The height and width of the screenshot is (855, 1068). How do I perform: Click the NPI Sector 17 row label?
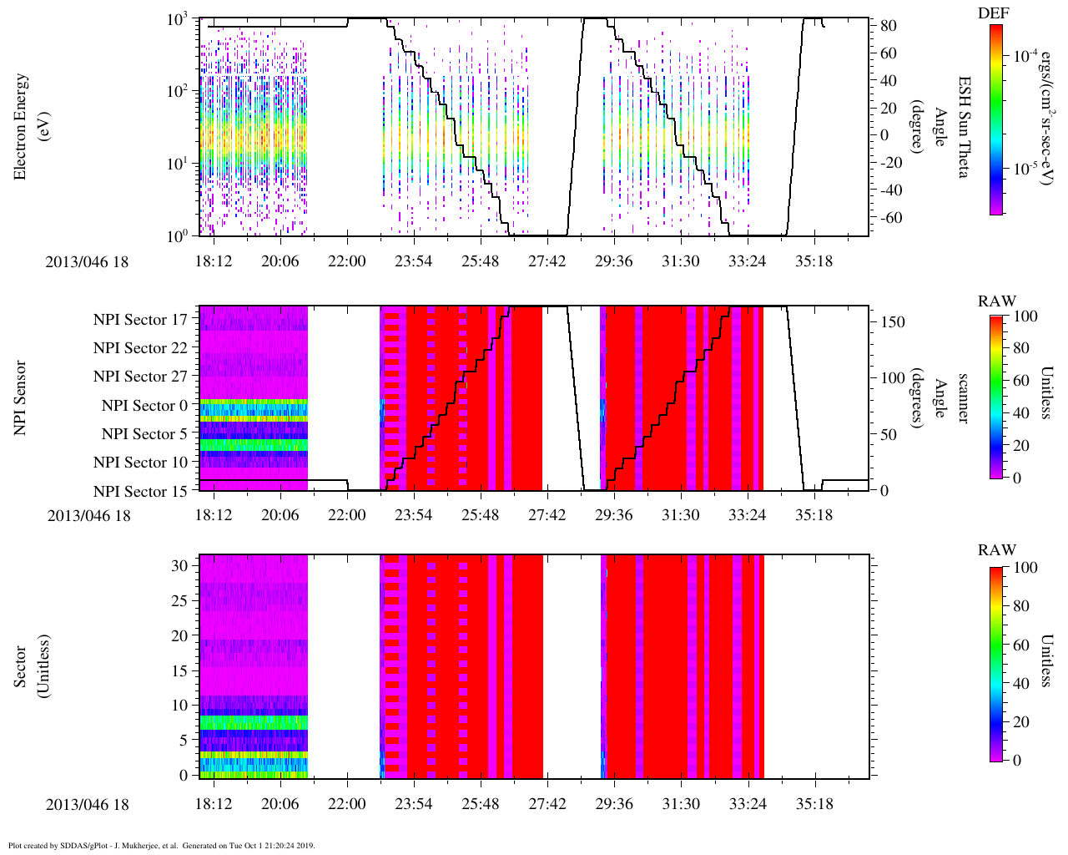point(140,320)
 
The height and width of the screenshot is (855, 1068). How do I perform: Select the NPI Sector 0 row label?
point(144,406)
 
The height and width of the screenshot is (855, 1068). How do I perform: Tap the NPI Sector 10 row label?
point(140,463)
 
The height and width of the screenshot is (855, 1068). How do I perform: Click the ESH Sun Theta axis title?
point(964,126)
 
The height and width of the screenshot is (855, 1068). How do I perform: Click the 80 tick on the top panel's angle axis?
point(889,26)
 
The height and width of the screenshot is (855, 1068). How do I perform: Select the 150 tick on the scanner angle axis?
point(893,321)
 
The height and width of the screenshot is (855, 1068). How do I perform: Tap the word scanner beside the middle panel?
point(964,398)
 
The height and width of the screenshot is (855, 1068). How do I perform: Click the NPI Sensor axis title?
point(21,398)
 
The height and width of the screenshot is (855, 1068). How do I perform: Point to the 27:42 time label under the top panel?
point(547,261)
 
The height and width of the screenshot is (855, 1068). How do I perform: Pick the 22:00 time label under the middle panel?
point(346,515)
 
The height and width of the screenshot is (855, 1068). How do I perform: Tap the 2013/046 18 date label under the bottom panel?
point(88,805)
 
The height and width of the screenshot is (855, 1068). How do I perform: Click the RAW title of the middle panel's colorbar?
point(997,301)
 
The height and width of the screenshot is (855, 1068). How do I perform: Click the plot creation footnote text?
point(161,845)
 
